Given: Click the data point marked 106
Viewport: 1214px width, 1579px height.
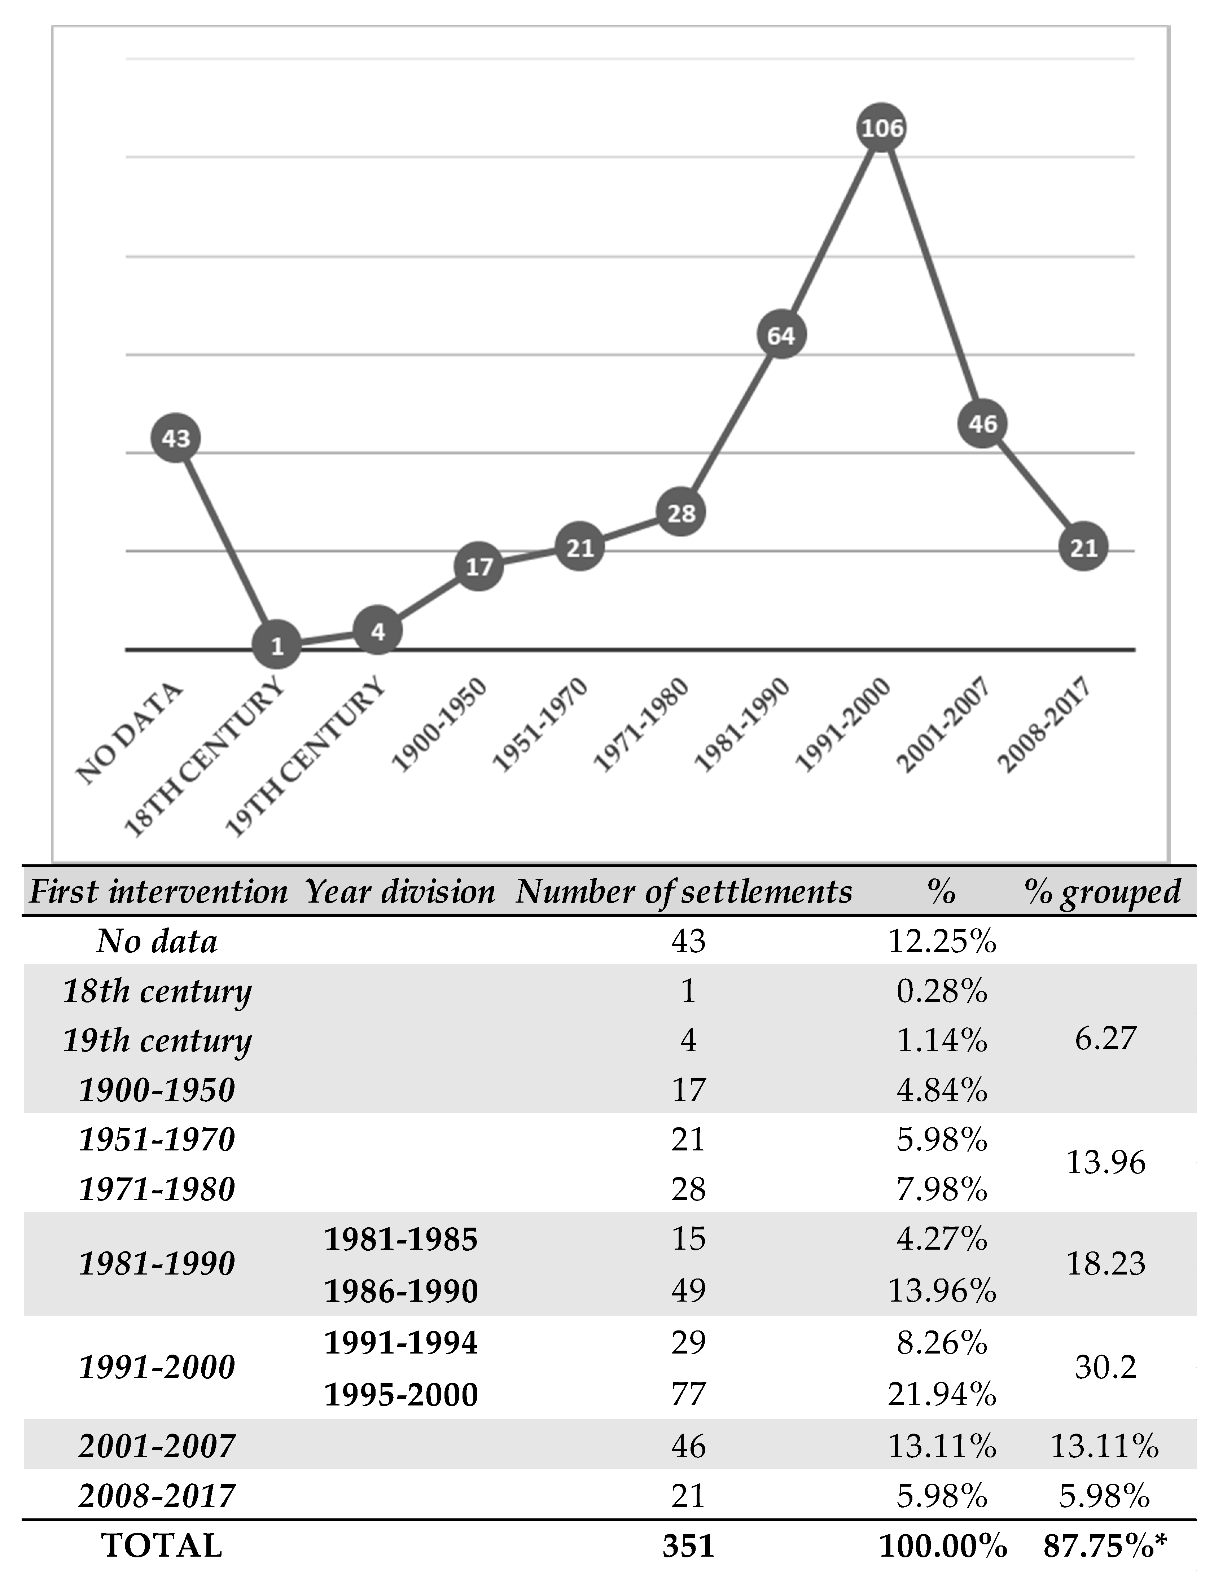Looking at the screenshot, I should point(882,128).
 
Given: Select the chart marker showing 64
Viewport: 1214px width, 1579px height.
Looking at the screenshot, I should point(781,335).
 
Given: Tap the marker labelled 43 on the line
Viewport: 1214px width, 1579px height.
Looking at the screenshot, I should point(176,438).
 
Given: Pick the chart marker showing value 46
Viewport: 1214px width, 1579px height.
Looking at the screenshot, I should point(983,424).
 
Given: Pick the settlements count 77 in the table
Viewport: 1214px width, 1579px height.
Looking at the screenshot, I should point(688,1393).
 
